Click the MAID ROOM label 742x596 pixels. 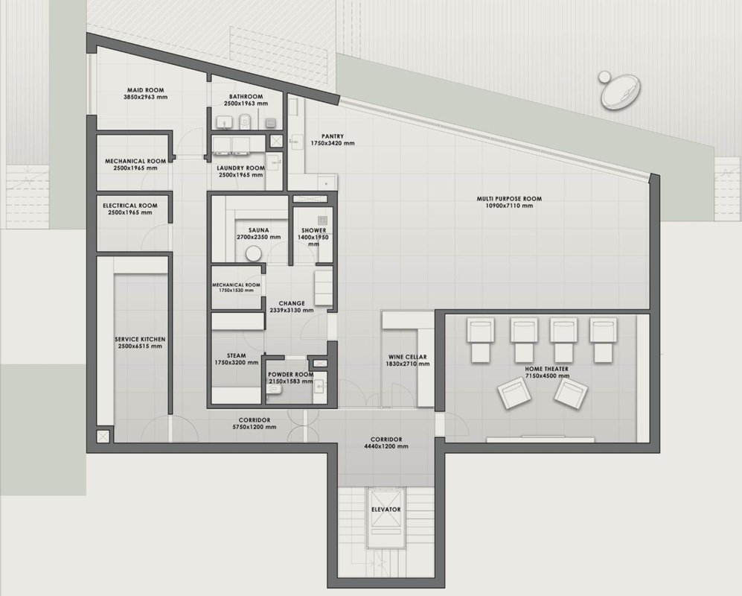pos(146,90)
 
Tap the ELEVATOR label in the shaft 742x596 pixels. pos(386,510)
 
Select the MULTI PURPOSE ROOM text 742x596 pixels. pos(509,199)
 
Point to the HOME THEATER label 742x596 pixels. pos(546,369)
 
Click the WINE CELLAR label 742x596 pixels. pos(407,357)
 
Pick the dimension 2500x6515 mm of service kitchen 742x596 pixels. pos(140,346)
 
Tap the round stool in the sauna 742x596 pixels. pos(253,253)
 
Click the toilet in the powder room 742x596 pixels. pos(274,389)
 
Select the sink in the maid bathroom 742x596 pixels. pos(224,122)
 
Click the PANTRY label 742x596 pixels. pos(333,136)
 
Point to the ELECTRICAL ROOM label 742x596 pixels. pos(130,206)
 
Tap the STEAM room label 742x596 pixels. pos(236,355)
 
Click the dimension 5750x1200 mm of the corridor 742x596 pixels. pos(255,427)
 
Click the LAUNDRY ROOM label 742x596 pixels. pos(241,168)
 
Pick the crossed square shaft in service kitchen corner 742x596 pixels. pos(103,436)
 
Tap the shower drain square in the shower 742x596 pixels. pos(322,221)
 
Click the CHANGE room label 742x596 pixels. pos(292,303)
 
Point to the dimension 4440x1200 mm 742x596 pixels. pos(386,446)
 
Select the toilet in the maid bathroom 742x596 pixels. pos(245,121)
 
